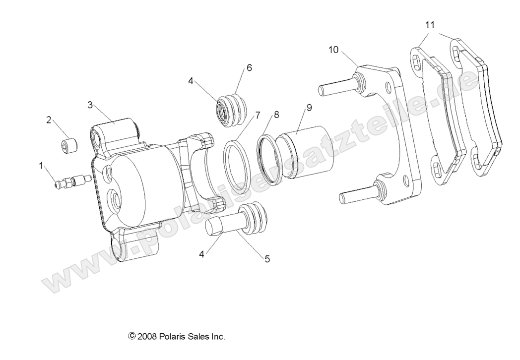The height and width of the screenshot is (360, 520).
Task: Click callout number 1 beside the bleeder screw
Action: [41, 166]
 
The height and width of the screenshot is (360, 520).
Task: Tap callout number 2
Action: [49, 120]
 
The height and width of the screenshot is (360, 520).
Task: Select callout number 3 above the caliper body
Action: [90, 105]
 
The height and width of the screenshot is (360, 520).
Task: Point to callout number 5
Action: [267, 259]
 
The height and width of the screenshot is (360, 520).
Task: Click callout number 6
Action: [249, 67]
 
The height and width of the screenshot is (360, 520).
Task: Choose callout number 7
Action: [258, 115]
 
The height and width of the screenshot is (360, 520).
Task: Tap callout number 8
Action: [276, 114]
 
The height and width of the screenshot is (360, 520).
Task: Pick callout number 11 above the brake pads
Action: [430, 24]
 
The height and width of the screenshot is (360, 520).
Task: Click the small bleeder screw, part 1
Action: [72, 182]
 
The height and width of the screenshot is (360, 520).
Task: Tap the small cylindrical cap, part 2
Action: [69, 147]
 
